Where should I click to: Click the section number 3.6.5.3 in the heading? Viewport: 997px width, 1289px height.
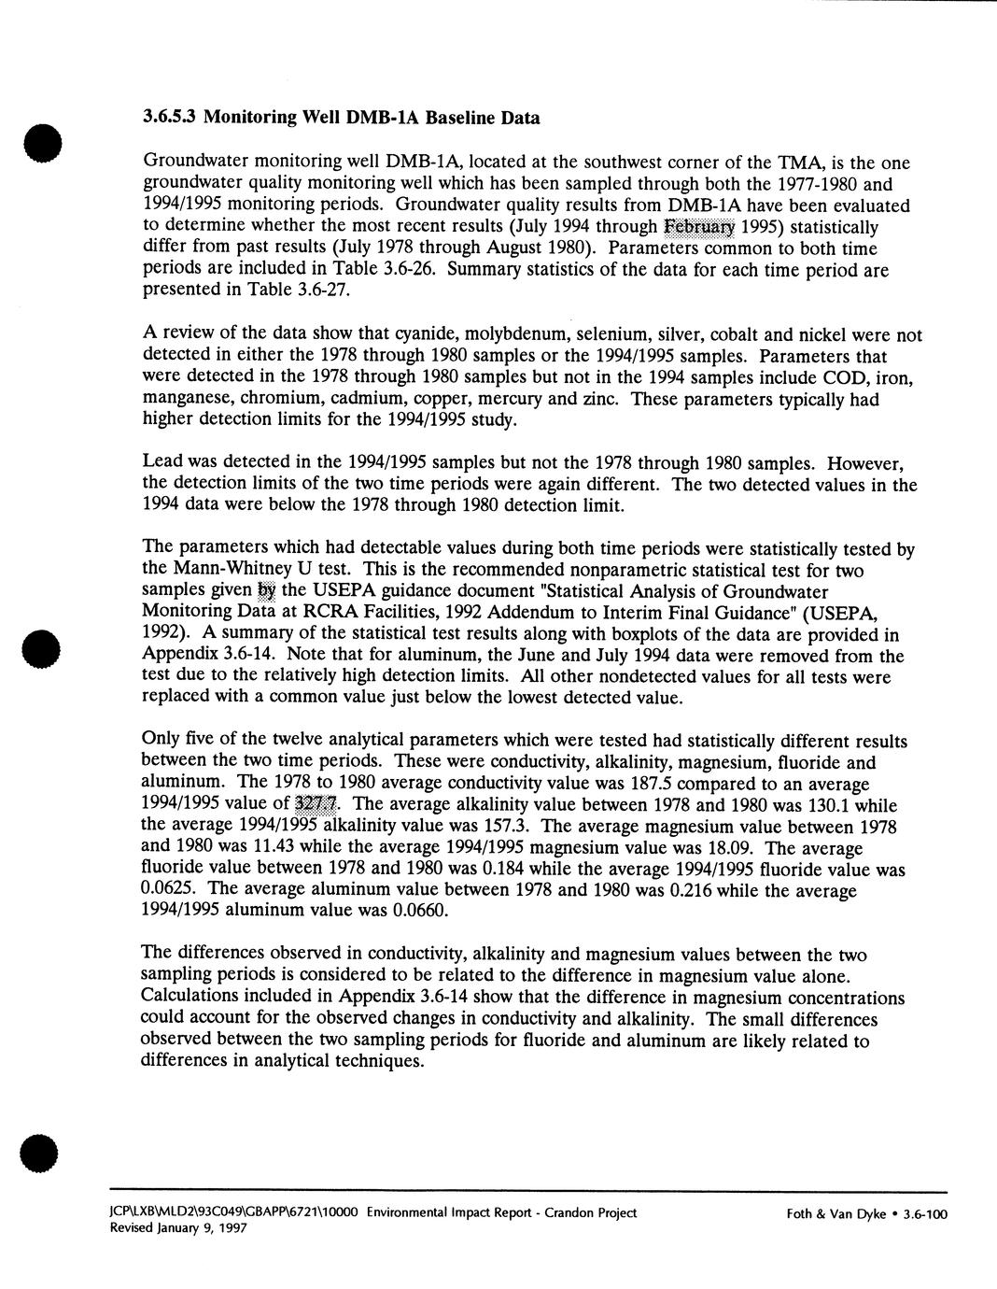click(x=170, y=119)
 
